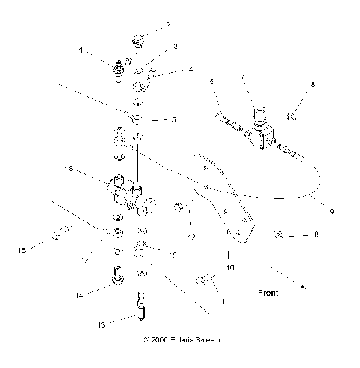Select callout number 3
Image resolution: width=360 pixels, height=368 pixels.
coord(174,47)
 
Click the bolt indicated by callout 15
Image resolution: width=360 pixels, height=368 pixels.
coord(59,234)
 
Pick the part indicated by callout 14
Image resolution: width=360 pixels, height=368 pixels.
coord(117,276)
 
